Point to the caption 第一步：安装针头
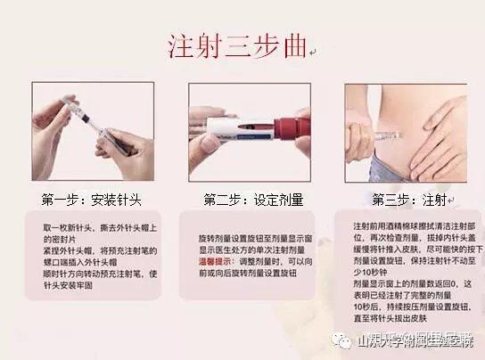[x=91, y=198]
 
